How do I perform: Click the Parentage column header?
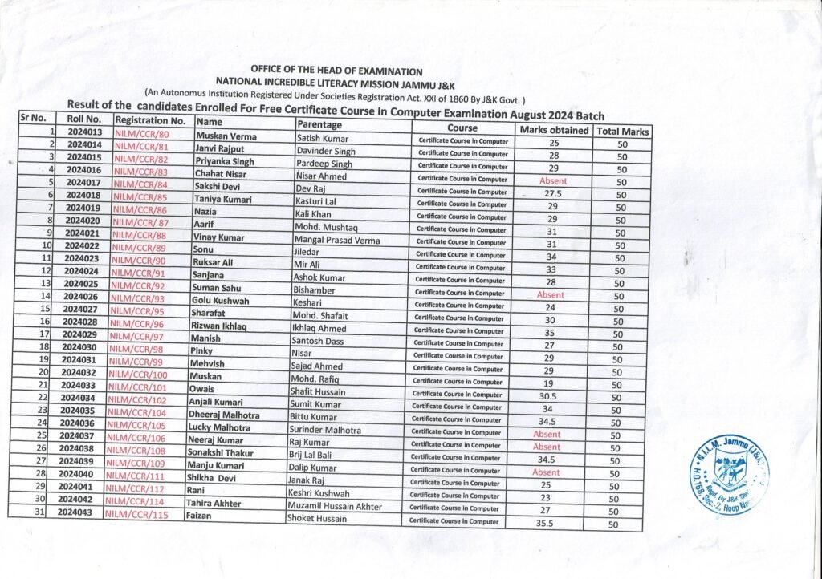[x=319, y=125]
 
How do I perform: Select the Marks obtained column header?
[x=554, y=130]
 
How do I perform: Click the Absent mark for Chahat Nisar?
[x=553, y=181]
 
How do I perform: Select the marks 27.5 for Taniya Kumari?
[x=552, y=194]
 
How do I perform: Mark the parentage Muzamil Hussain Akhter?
[x=336, y=506]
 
